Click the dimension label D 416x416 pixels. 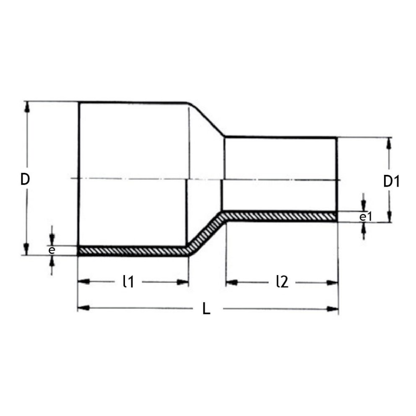pyautogui.click(x=25, y=179)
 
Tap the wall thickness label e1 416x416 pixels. pyautogui.click(x=366, y=216)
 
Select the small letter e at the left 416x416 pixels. pyautogui.click(x=52, y=250)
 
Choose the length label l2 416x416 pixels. pyautogui.click(x=282, y=282)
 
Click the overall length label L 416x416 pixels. pyautogui.click(x=206, y=309)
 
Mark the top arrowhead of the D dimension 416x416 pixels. pyautogui.click(x=27, y=107)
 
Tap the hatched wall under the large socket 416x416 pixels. pyautogui.click(x=132, y=251)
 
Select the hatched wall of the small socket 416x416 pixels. pyautogui.click(x=281, y=216)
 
